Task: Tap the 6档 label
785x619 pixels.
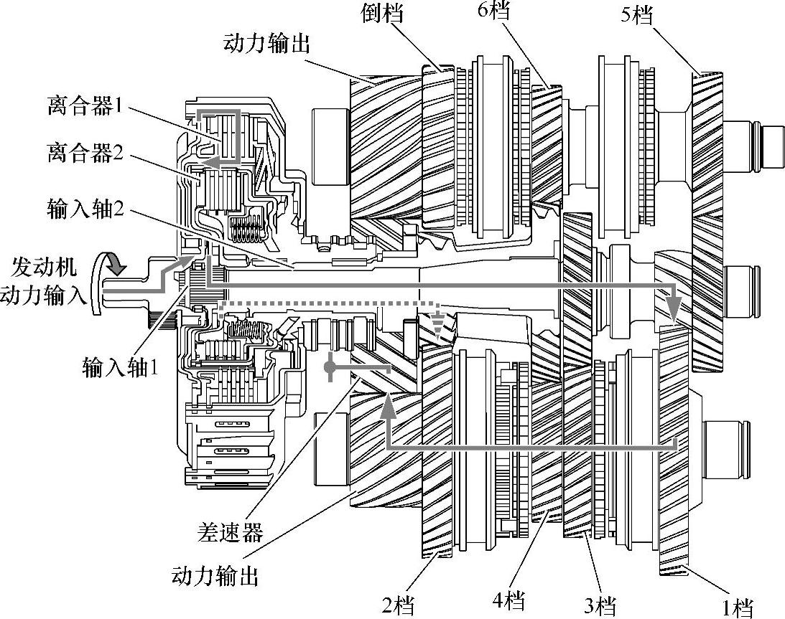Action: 493,10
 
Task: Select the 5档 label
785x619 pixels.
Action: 637,15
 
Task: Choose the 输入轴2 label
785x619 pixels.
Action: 85,208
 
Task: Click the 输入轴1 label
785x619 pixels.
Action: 121,368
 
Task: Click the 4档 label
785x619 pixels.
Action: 508,600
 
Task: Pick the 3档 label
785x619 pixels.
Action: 600,607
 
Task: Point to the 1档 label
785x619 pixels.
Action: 738,608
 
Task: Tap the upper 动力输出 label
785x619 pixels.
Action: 267,44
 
